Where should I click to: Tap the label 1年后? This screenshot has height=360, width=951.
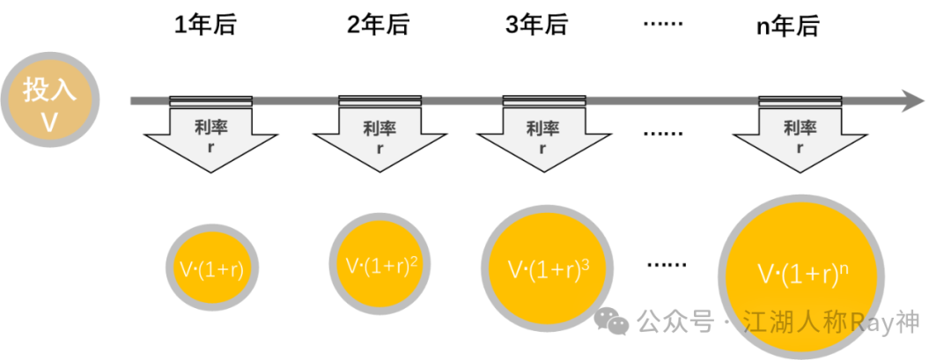coord(206,26)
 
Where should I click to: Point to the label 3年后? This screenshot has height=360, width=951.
coord(536,26)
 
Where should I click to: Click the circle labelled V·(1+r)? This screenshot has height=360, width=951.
coord(211,269)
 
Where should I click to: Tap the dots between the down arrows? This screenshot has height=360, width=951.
coord(662,133)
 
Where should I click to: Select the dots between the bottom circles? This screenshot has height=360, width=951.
coord(667,263)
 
